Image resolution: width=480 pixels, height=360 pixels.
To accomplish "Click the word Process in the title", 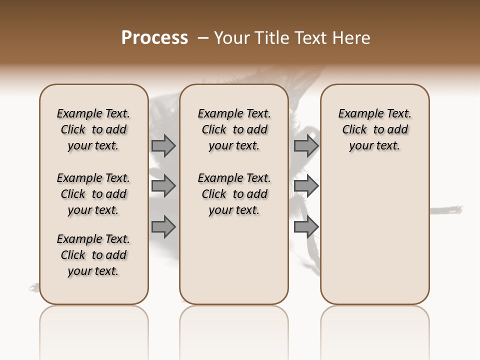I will [154, 38].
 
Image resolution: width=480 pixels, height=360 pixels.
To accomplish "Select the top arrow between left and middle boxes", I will [163, 145].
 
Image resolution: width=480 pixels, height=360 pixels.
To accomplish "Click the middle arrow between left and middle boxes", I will [163, 186].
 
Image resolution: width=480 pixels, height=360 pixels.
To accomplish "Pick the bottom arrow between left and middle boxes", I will [163, 227].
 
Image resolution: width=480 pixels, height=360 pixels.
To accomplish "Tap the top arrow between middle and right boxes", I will [306, 145].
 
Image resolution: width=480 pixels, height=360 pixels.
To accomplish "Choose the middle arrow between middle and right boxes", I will [306, 186].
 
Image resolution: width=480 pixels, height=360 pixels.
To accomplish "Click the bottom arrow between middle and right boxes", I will [306, 227].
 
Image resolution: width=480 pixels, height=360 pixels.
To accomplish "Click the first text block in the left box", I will [93, 129].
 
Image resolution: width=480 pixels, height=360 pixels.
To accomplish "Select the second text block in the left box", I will [93, 194].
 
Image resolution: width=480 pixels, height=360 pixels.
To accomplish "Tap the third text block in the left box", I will [93, 255].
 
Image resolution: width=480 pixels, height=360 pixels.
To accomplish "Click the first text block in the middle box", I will [234, 129].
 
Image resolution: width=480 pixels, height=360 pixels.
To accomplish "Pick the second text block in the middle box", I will [234, 194].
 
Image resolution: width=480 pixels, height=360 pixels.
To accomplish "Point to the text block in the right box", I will [374, 129].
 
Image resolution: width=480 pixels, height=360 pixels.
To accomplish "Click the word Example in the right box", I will [358, 113].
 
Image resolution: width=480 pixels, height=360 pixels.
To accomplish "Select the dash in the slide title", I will [203, 38].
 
